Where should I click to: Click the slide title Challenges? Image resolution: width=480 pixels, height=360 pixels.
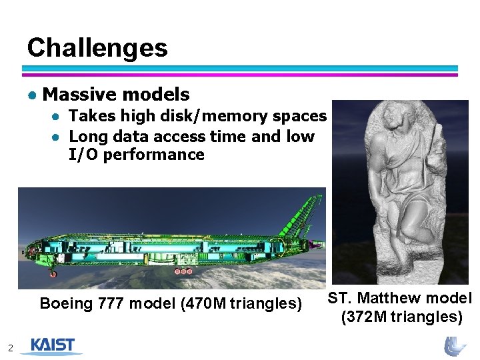pos(97,48)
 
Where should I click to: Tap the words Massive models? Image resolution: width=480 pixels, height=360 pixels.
pos(115,95)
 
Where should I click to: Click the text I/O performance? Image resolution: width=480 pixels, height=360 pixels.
pos(136,155)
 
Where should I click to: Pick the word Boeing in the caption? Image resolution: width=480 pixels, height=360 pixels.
pos(65,304)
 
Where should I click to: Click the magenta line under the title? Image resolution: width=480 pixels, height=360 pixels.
pos(240,75)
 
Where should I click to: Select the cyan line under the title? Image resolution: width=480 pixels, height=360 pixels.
pos(240,68)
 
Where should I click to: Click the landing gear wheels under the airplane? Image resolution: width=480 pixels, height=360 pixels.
pos(183,271)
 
